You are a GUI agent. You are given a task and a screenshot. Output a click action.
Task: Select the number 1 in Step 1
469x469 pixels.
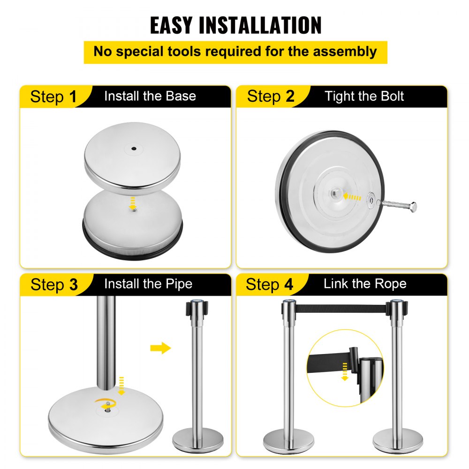(72, 97)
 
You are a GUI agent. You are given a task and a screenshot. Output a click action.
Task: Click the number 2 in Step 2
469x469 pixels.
(290, 97)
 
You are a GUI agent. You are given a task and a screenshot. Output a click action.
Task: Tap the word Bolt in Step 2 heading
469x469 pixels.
(391, 97)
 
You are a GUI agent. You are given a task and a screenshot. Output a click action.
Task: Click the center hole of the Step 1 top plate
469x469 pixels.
(134, 149)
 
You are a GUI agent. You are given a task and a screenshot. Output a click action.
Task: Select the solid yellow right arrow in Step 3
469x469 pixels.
(160, 348)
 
